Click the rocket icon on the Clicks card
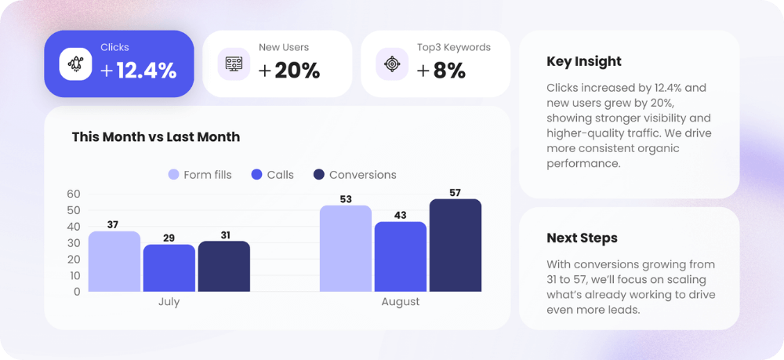[x=76, y=64]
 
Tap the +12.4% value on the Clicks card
[x=139, y=71]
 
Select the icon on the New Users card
[x=234, y=64]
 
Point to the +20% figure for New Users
[x=289, y=71]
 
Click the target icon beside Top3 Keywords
[x=392, y=64]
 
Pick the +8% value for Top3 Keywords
[x=441, y=71]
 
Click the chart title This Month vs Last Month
[x=156, y=137]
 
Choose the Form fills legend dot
[x=174, y=175]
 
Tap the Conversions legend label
[x=362, y=175]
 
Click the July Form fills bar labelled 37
[x=114, y=261]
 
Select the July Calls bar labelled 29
[x=169, y=267]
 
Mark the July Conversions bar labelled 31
[x=223, y=266]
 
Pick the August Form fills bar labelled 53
[x=345, y=248]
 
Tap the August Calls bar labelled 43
[x=400, y=256]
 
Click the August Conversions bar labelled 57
[x=455, y=245]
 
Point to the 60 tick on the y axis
[x=74, y=194]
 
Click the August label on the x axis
[x=400, y=302]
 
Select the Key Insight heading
[x=584, y=61]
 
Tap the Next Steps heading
[x=582, y=238]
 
